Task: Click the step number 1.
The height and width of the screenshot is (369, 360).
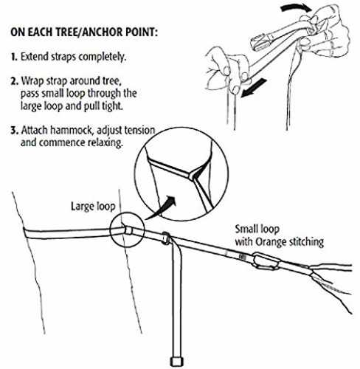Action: [14, 57]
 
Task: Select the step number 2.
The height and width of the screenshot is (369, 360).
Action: [14, 81]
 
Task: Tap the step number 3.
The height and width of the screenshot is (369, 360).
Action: [14, 130]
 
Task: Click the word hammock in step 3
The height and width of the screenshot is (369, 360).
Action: [72, 130]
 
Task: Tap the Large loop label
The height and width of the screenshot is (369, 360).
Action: [93, 207]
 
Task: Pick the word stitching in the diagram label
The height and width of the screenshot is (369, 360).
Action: [306, 242]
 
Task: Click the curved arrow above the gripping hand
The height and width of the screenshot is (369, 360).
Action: [296, 8]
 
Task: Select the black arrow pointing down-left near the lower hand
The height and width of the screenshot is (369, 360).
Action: [253, 88]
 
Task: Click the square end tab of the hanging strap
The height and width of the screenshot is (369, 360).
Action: [177, 362]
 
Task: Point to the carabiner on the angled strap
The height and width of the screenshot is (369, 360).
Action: [267, 262]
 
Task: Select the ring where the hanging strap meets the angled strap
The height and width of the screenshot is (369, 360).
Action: [166, 238]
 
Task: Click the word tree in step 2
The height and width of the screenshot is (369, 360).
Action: [111, 81]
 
